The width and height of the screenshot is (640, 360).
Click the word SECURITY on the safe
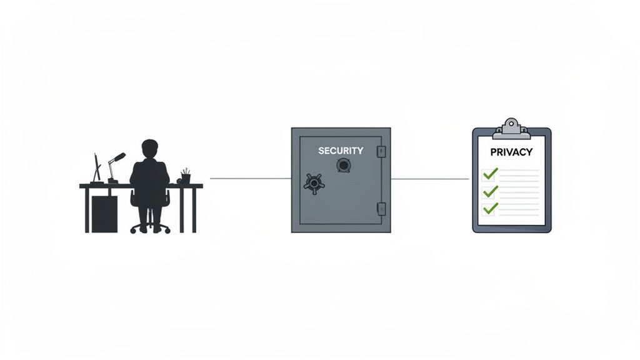tap(340, 151)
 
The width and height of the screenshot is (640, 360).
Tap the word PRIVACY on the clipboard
tap(511, 152)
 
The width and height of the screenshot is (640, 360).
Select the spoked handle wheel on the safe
tap(314, 182)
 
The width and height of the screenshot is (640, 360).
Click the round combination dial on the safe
tap(343, 166)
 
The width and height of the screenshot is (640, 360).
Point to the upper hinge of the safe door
tap(381, 151)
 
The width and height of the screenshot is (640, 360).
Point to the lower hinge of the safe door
tap(381, 209)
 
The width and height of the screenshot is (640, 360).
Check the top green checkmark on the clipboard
tap(491, 173)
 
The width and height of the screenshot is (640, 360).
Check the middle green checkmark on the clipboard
tap(491, 191)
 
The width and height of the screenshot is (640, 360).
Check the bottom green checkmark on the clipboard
tap(491, 207)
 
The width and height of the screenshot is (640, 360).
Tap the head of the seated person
tap(150, 149)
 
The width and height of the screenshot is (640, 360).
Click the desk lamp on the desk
tap(114, 166)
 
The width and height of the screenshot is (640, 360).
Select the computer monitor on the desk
tap(97, 168)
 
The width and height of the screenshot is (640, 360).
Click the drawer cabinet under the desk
tap(104, 213)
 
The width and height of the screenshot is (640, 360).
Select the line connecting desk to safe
tap(250, 178)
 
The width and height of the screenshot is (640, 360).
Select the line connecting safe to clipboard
tap(430, 179)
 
